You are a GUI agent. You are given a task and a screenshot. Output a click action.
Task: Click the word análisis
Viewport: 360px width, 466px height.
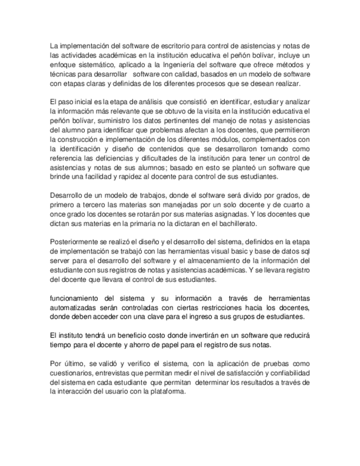tap(146, 102)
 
